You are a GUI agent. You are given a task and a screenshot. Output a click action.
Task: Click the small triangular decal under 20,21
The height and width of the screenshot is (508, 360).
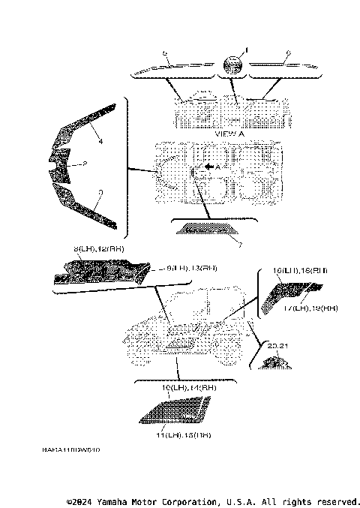click(275, 363)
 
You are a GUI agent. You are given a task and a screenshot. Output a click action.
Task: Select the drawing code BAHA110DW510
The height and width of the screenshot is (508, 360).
click(71, 450)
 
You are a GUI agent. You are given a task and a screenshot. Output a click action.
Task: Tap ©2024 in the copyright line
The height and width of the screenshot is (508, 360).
click(80, 501)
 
